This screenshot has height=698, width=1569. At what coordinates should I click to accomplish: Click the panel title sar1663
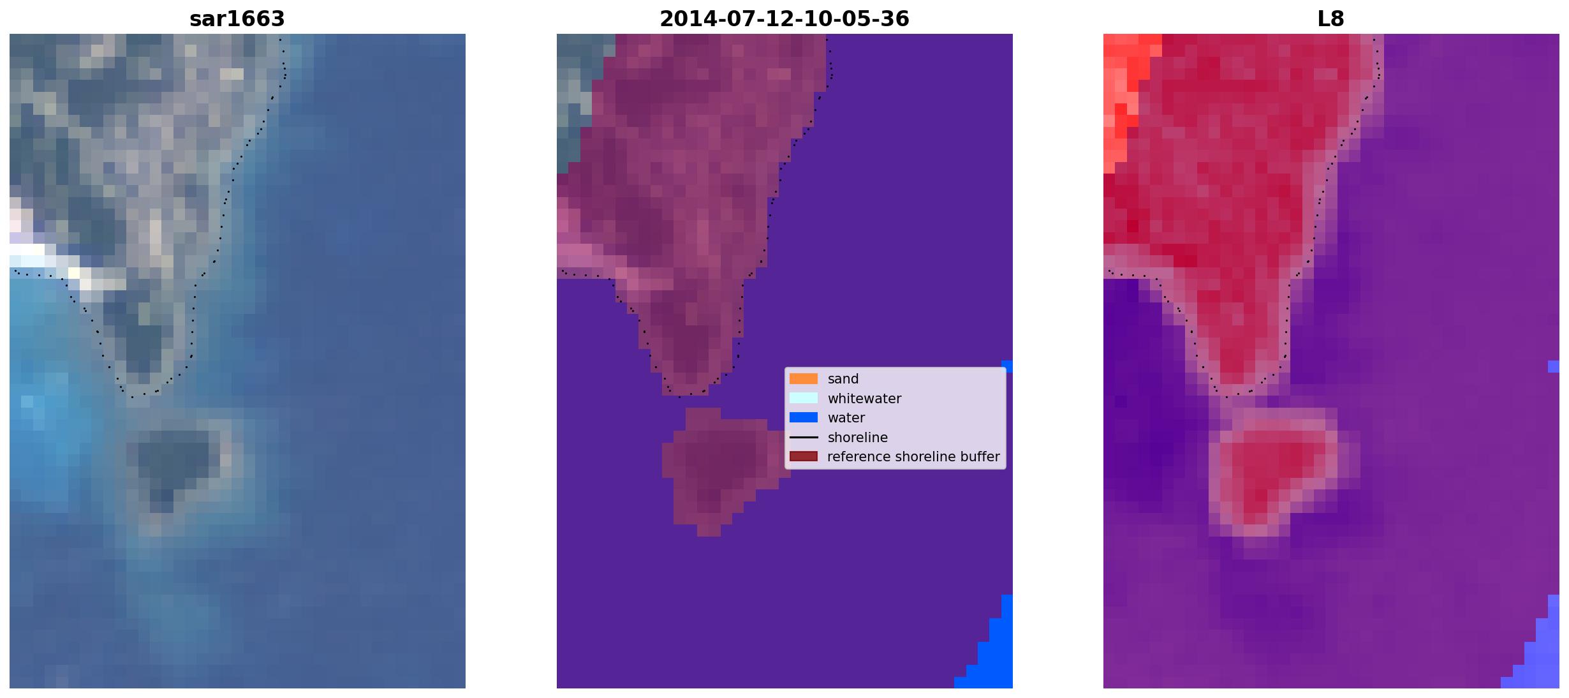pyautogui.click(x=237, y=19)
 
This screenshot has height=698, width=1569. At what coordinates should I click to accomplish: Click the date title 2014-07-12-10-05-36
pyautogui.click(x=784, y=19)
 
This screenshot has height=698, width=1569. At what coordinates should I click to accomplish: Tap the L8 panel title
pyautogui.click(x=1331, y=19)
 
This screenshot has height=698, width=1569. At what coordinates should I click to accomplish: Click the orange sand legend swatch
pyautogui.click(x=804, y=379)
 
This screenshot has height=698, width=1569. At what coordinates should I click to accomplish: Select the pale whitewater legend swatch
pyautogui.click(x=804, y=398)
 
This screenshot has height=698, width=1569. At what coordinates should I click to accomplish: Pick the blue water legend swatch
pyautogui.click(x=804, y=418)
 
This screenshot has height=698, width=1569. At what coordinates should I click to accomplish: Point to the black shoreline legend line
pyautogui.click(x=804, y=438)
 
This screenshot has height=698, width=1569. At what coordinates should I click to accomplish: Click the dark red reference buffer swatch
pyautogui.click(x=804, y=457)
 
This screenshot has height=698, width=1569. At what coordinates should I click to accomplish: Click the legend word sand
pyautogui.click(x=843, y=379)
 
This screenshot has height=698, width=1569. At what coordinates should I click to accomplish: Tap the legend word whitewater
pyautogui.click(x=864, y=399)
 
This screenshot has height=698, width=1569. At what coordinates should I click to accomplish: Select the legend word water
pyautogui.click(x=846, y=418)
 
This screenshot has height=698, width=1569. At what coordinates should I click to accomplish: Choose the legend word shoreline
pyautogui.click(x=858, y=438)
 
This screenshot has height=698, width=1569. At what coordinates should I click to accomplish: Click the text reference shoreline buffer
pyautogui.click(x=913, y=457)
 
